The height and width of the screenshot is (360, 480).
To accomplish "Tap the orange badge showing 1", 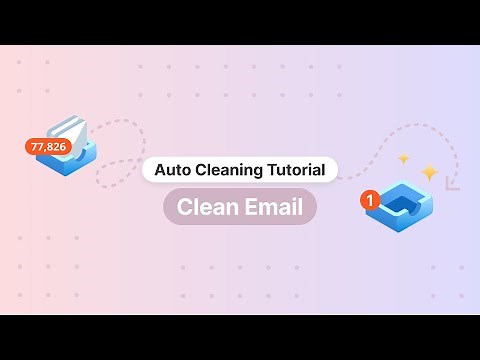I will tap(371, 200).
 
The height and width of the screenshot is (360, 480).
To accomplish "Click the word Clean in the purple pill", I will tap(205, 207).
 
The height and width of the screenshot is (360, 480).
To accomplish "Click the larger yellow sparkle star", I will tap(429, 172).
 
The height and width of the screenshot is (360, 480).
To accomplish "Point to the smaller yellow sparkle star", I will tap(403, 158).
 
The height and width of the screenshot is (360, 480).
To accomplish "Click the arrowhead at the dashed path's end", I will tap(452, 183).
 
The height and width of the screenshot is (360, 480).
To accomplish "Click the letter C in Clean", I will tap(184, 207).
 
